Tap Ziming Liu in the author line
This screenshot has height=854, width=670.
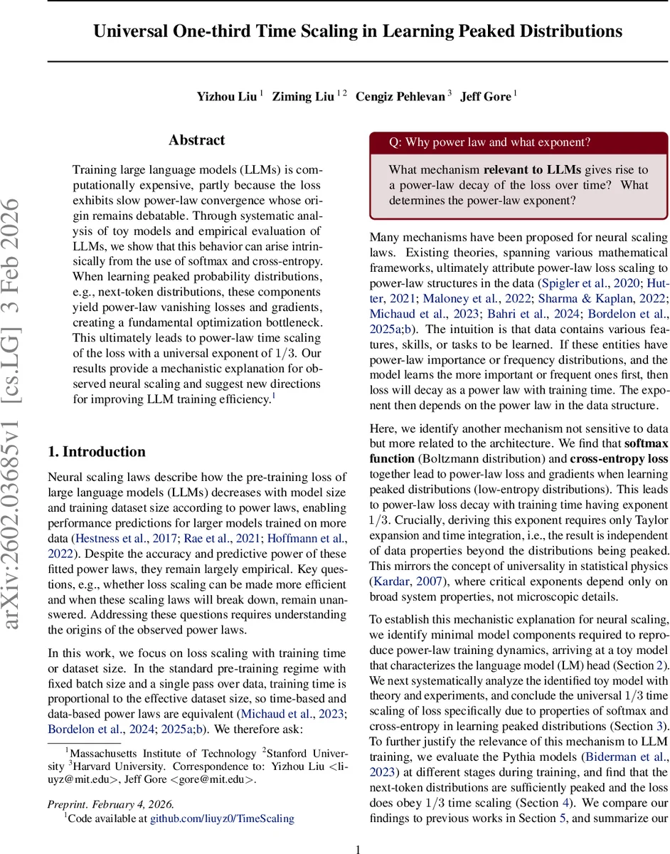[304, 96]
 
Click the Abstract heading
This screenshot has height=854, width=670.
[196, 140]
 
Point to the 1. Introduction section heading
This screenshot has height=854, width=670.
[96, 452]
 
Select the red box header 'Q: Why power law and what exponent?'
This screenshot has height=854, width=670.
[489, 142]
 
